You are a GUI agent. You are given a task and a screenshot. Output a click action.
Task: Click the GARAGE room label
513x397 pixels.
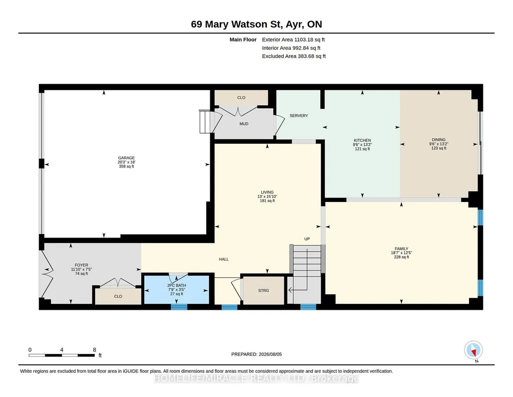(126, 158)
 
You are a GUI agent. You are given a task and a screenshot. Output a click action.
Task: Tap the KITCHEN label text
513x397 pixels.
(362, 140)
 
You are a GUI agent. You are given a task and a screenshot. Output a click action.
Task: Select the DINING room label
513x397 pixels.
(439, 139)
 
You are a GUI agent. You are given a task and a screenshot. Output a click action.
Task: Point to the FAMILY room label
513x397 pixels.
(401, 249)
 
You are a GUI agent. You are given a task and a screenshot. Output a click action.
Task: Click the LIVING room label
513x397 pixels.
(267, 192)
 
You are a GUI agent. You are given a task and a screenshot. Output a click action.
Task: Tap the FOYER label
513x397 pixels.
(82, 265)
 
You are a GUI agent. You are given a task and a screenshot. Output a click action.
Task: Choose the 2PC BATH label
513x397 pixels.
(176, 286)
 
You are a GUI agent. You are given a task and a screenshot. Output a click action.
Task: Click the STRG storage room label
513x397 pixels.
(264, 291)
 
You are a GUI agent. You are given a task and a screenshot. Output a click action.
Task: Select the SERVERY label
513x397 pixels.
(299, 116)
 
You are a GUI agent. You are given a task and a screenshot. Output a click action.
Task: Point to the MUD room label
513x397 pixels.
(244, 124)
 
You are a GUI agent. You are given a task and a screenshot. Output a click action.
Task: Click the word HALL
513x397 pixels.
(224, 260)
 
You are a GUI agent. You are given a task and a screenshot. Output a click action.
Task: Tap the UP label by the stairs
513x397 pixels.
(307, 239)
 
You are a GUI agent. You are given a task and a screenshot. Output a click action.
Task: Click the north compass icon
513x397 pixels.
(473, 350)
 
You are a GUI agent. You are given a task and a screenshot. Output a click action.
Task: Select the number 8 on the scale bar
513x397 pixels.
(95, 350)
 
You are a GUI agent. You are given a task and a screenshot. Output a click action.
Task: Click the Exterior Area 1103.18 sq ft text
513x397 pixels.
(293, 40)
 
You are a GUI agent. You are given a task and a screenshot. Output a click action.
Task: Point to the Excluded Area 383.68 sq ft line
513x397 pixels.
(294, 56)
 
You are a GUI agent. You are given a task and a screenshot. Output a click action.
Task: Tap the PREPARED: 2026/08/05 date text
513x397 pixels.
(256, 354)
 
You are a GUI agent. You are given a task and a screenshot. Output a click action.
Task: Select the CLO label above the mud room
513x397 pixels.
(241, 98)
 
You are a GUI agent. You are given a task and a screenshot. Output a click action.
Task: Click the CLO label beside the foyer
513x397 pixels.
(118, 296)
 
